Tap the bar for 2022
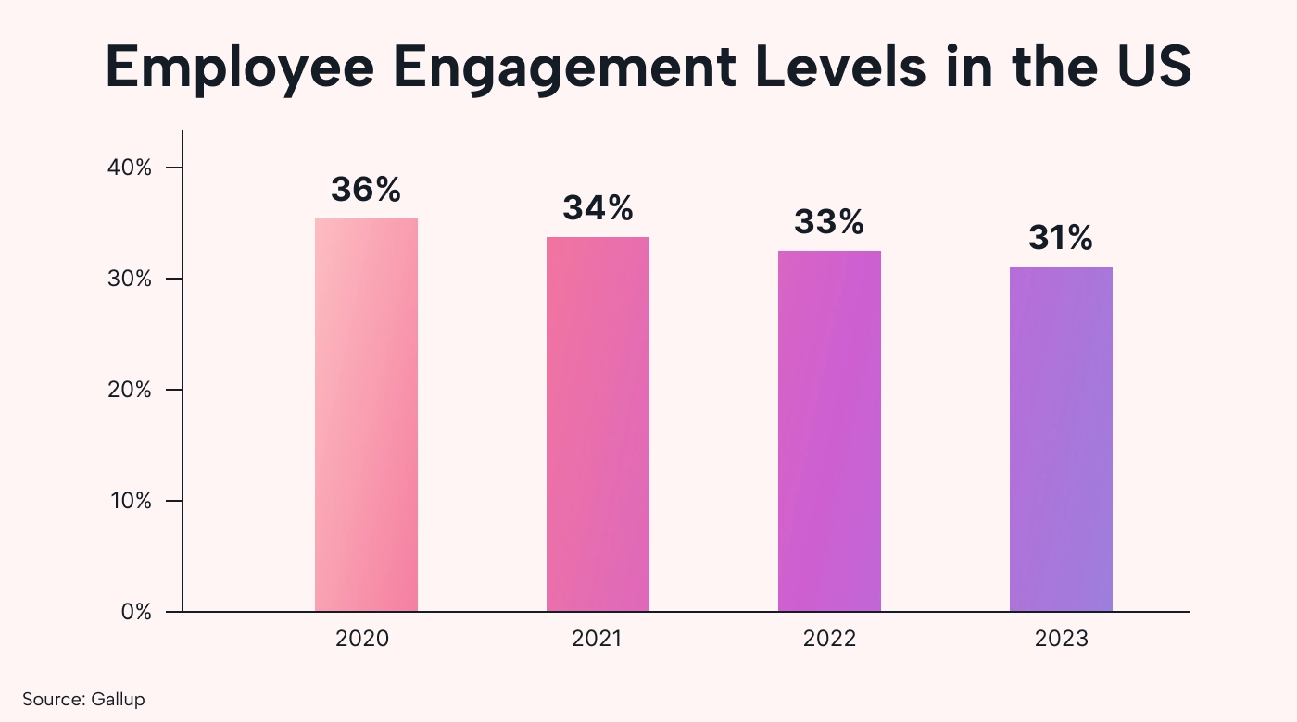[829, 430]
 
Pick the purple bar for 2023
[1061, 439]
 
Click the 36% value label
[366, 190]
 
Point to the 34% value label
[598, 208]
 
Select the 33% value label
[829, 222]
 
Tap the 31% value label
[1061, 239]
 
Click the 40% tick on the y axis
[132, 168]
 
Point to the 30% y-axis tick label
[132, 279]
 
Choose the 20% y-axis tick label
[132, 390]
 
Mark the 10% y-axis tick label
[132, 501]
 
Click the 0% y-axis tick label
[136, 612]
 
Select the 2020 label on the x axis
[366, 639]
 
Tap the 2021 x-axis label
[598, 639]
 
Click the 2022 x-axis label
[829, 639]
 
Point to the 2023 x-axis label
[1061, 639]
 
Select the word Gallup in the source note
[118, 699]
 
